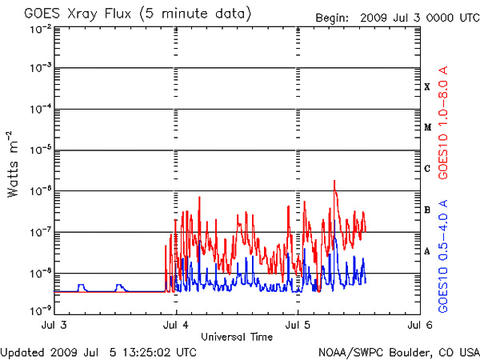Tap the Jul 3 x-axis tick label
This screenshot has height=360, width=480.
pos(52,325)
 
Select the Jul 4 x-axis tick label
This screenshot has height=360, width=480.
pos(175,325)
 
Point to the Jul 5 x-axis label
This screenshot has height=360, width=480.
pos(298,325)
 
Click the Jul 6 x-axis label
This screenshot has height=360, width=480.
pos(420,325)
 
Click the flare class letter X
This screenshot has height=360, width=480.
pos(427,86)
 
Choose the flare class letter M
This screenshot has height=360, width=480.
pos(427,127)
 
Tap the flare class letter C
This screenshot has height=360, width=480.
pos(427,169)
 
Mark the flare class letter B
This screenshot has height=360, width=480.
pos(427,210)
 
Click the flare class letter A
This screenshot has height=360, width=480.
pos(427,251)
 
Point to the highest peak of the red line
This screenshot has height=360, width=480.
pos(334,181)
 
